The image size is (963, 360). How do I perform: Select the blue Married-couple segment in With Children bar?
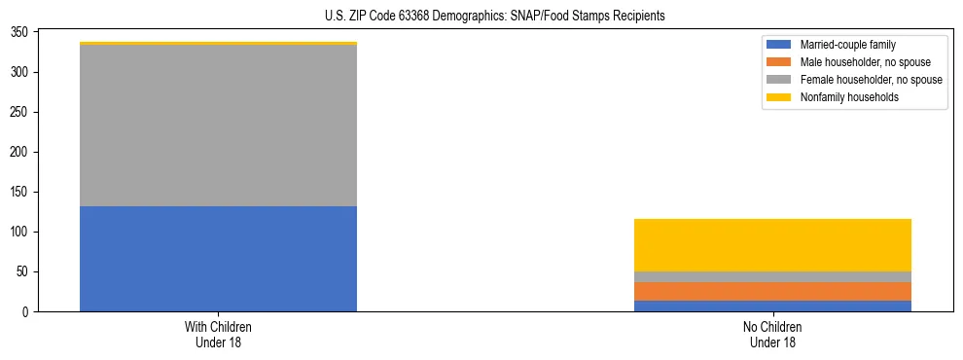coord(218,259)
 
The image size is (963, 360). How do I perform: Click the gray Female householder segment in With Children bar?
coord(218,126)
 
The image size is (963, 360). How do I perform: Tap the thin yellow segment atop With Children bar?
coord(218,44)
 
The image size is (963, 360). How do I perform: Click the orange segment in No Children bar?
coord(772,291)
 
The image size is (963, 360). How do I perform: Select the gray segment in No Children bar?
coord(772,276)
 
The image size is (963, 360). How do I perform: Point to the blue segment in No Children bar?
coord(772,306)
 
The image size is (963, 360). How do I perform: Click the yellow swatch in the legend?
coord(779,97)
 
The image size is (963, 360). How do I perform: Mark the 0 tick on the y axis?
coord(29,311)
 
